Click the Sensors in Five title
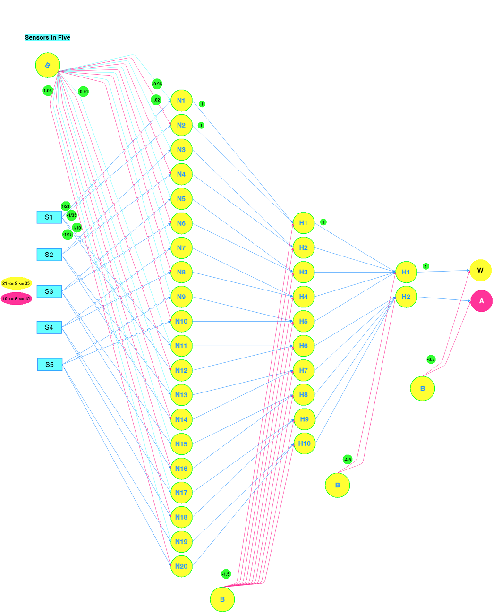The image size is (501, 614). coord(47,38)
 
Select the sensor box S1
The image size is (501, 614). coord(49,217)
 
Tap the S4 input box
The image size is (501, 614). coord(49,327)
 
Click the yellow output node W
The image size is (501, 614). coord(480,271)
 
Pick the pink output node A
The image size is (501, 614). coord(481,301)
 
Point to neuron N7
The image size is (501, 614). coord(181,248)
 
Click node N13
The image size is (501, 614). coord(181,395)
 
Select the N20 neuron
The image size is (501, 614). coord(181,566)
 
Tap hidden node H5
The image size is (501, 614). coord(304,322)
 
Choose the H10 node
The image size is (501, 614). coord(305,443)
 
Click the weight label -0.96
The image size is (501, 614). coord(157,84)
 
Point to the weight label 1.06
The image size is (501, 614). coord(48,91)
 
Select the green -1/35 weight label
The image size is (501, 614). coord(72,216)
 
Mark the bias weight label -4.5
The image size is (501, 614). coord(348,460)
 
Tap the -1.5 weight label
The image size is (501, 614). coord(226,574)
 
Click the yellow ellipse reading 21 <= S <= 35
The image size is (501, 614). coord(16,283)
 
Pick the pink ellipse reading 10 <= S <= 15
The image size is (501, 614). coord(16,299)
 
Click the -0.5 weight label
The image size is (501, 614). coord(431,360)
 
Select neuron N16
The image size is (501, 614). coord(181,469)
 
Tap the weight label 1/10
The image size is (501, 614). coord(76,228)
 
